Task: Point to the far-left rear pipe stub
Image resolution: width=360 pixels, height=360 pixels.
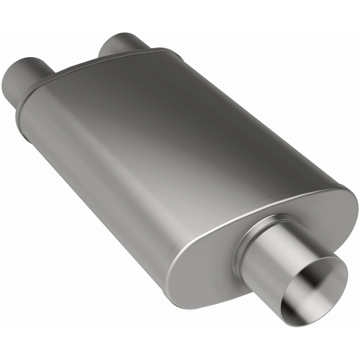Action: (x=22, y=76)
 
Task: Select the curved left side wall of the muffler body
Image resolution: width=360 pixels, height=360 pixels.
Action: (x=90, y=180)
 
